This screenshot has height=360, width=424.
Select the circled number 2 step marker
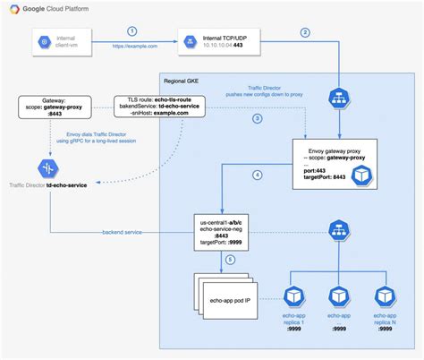pyautogui.click(x=305, y=33)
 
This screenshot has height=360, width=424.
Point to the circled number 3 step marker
pyautogui.click(x=257, y=118)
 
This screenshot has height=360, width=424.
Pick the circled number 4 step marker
pyautogui.click(x=257, y=175)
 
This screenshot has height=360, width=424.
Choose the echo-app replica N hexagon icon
pyautogui.click(x=385, y=296)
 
